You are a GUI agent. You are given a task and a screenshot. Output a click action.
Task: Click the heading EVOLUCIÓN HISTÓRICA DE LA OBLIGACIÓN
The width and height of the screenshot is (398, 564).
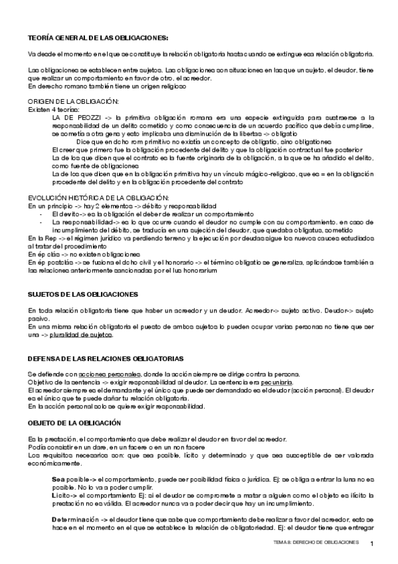click(98, 198)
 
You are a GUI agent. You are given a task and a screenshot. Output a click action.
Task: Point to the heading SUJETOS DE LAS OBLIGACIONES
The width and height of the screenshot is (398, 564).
click(82, 293)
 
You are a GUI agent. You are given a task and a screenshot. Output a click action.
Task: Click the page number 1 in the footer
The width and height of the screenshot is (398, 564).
click(372, 545)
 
